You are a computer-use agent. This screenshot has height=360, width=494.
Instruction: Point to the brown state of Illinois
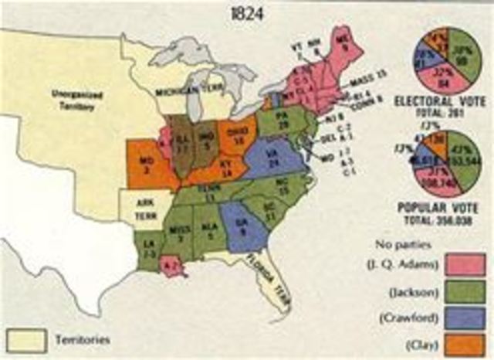coord(180,147)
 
